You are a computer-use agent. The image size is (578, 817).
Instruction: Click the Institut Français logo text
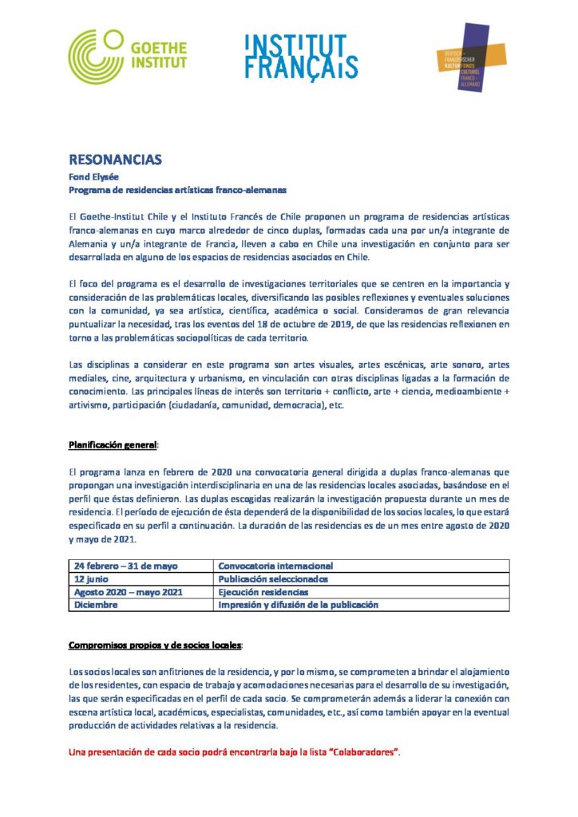pyautogui.click(x=301, y=57)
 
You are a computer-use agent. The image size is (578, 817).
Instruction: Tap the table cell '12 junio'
pyautogui.click(x=93, y=578)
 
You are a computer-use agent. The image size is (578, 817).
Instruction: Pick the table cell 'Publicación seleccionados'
pyautogui.click(x=272, y=578)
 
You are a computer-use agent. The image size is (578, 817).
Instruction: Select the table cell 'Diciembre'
pyautogui.click(x=96, y=605)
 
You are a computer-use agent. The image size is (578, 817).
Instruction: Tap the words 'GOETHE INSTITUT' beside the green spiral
pyautogui.click(x=160, y=56)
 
